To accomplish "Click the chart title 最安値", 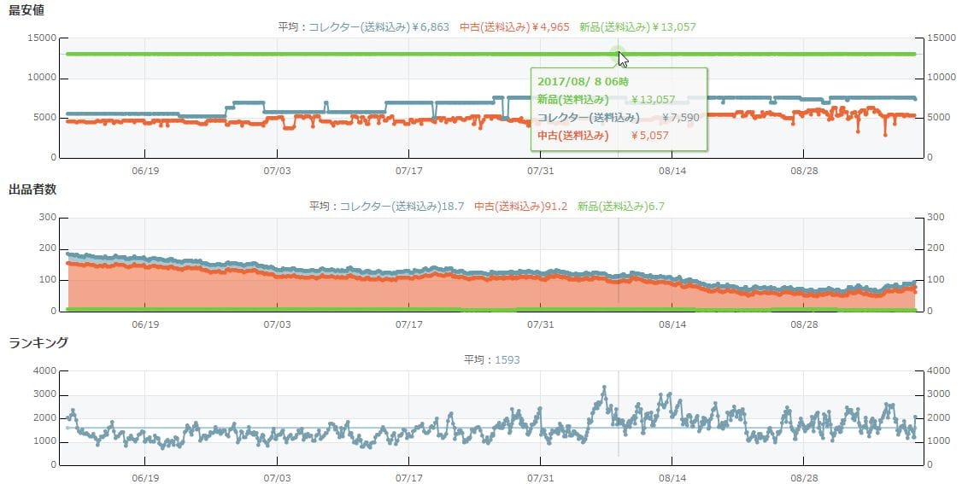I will [x=26, y=10].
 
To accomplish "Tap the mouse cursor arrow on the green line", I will [x=624, y=59].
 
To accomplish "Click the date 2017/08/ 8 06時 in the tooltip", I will [x=582, y=81].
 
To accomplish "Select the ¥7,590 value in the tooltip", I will [x=681, y=117].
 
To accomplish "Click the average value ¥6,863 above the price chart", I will [x=431, y=26].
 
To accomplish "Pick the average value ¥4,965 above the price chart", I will [x=550, y=26].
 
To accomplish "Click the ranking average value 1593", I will [x=506, y=359].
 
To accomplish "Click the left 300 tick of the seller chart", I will [x=48, y=218].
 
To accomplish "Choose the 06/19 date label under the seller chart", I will [x=145, y=324].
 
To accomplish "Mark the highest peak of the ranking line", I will [x=604, y=388].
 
